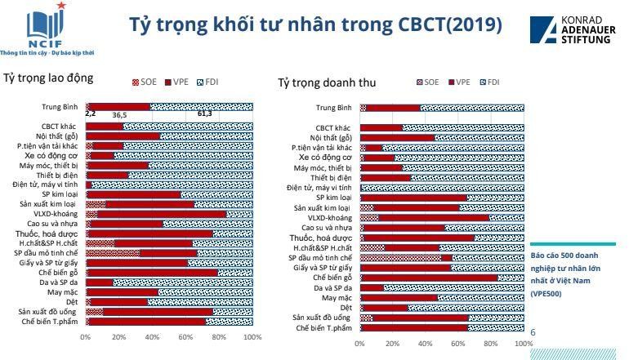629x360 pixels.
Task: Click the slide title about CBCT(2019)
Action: (315, 25)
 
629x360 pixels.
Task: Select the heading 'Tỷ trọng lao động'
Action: (48, 78)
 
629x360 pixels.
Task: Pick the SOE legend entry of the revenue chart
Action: (426, 82)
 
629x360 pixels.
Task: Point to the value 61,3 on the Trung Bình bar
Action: (203, 114)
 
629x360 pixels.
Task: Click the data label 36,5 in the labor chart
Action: (119, 115)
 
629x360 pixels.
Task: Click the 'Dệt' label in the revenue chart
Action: (346, 308)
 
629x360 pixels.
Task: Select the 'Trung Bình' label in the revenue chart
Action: (333, 108)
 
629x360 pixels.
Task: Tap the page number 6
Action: (533, 333)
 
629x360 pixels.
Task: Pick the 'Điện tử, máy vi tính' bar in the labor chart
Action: (168, 185)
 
